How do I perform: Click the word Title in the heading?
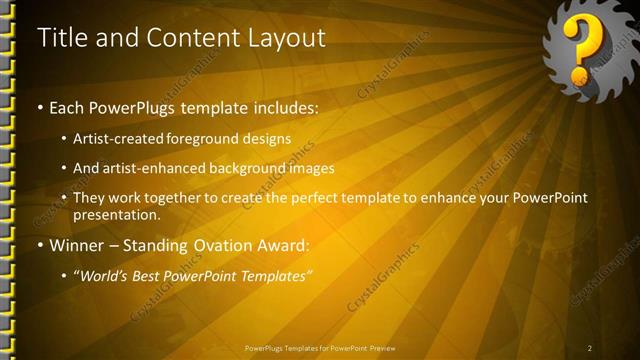tap(62, 38)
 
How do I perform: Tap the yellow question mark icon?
tap(581, 49)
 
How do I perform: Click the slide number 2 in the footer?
tap(590, 348)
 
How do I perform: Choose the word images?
tap(311, 168)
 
